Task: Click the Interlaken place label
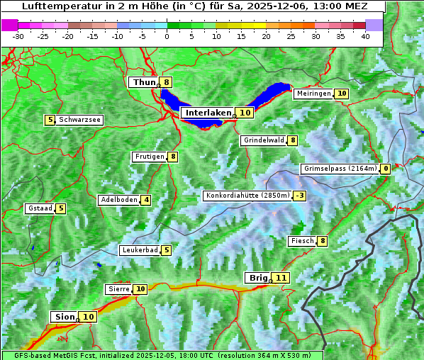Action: tap(208, 113)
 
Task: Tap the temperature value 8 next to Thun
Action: tap(166, 82)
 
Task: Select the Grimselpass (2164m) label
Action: tap(340, 169)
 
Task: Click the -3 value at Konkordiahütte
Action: tap(300, 196)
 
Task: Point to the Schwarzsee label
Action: tap(79, 120)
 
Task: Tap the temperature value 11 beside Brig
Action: tap(281, 278)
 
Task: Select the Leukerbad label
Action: tap(139, 250)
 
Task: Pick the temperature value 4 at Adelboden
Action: tap(146, 200)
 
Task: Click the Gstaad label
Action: tap(39, 208)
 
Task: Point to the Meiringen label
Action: tap(313, 94)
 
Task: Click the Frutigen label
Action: tap(149, 157)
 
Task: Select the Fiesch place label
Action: tap(302, 241)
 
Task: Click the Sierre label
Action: tap(118, 289)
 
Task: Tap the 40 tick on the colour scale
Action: tap(365, 35)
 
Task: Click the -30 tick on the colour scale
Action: tap(18, 35)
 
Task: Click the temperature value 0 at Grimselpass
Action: tap(385, 169)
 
